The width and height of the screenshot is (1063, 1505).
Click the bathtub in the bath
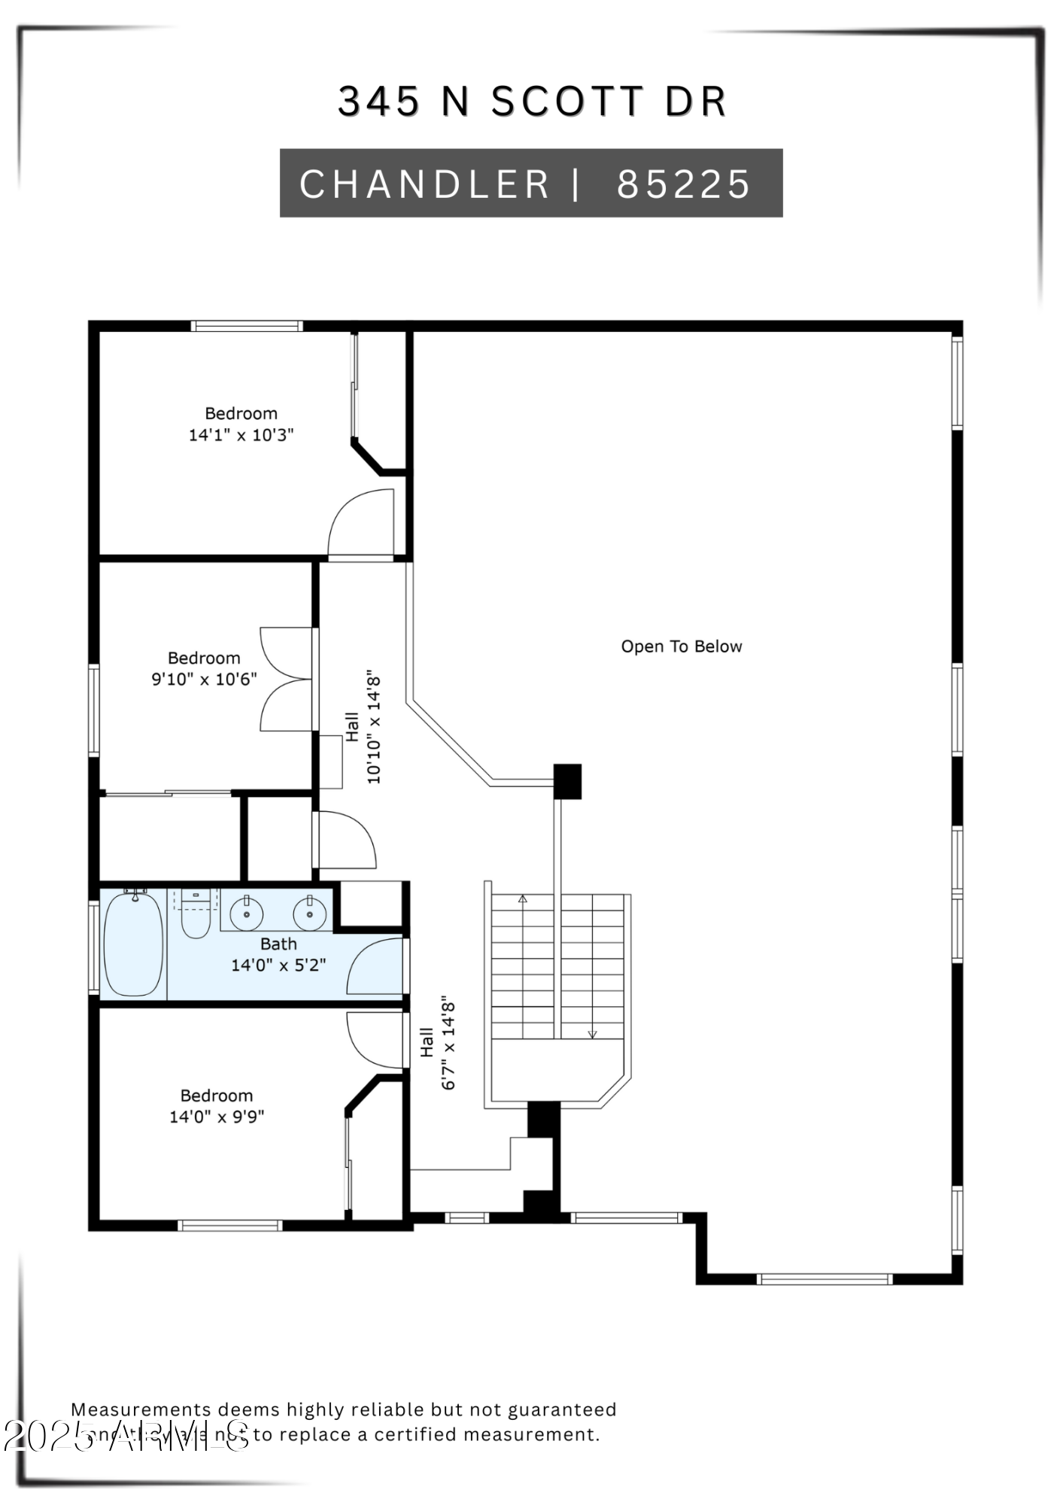point(133,945)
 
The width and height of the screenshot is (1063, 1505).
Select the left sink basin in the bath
point(247,914)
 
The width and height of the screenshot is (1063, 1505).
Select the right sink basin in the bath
point(309,915)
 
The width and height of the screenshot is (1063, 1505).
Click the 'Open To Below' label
point(681,646)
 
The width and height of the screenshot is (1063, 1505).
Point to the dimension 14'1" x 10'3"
point(241,435)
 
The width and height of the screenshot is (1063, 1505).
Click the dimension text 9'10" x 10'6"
point(204,679)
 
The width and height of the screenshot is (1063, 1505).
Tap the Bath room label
point(278,944)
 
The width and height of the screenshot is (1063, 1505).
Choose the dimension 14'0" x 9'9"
point(217,1117)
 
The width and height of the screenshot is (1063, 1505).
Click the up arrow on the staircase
point(523,898)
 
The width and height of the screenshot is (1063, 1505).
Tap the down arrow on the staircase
point(592,1034)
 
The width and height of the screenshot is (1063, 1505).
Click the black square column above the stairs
point(568,781)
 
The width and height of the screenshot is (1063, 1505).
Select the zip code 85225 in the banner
point(683,184)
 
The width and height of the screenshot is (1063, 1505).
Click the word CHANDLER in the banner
point(425,184)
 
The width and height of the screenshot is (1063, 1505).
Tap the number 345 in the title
point(378,102)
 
